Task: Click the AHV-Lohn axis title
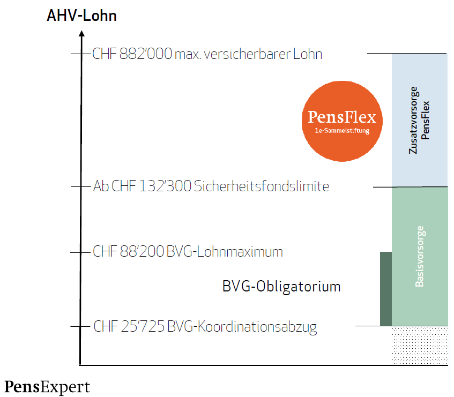pos(81,16)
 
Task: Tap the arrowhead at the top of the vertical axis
pos(81,34)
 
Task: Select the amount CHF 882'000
pos(132,54)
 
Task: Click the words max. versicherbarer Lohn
pos(248,54)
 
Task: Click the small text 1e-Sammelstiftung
pos(341,131)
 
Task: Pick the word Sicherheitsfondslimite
pos(262,186)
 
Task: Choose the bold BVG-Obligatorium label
pos(281,287)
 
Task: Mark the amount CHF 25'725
pos(129,326)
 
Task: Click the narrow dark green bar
pos(386,288)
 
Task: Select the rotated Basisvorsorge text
pos(420,257)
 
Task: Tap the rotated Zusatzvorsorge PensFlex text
pos(420,121)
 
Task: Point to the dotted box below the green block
pos(420,345)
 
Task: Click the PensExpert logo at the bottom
pos(48,387)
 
